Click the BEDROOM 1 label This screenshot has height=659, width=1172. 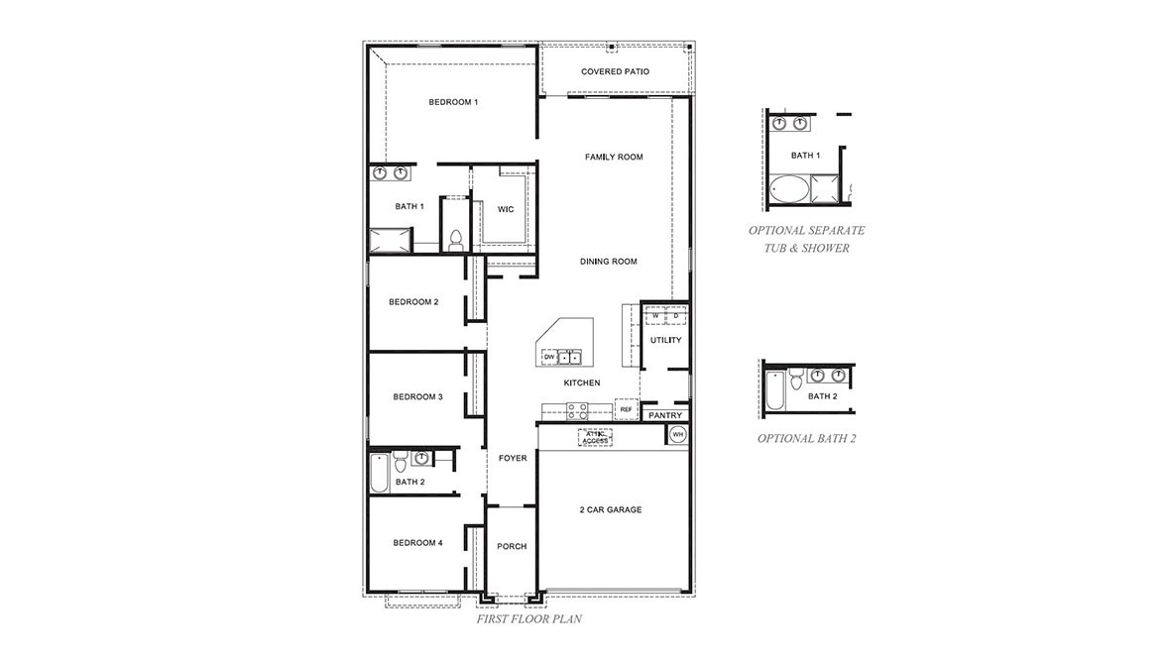[453, 102]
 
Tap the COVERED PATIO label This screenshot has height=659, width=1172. [615, 71]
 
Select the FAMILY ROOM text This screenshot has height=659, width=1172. [614, 157]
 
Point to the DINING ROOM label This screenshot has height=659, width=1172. [608, 262]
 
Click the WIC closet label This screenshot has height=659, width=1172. [505, 209]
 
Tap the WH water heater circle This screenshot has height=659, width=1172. [678, 434]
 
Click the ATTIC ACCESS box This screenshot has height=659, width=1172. [595, 436]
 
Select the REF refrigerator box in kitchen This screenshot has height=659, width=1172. [626, 408]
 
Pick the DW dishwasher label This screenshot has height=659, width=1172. [547, 356]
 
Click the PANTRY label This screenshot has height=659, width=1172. [664, 415]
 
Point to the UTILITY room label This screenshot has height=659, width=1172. [665, 340]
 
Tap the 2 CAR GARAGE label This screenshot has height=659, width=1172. [611, 509]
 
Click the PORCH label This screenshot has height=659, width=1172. [512, 546]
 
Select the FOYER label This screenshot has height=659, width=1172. [513, 458]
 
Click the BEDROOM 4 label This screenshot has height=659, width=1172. [417, 542]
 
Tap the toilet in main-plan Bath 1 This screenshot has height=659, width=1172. [456, 240]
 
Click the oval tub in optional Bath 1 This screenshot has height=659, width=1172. [789, 189]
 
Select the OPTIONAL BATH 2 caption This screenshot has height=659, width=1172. [806, 438]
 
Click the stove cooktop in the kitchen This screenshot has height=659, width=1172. [576, 407]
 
